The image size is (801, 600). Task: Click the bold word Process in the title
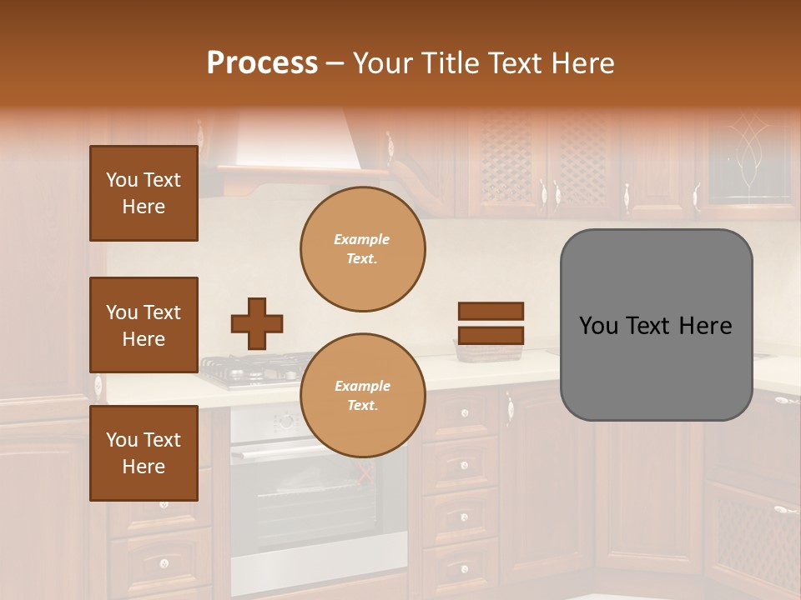coord(262,63)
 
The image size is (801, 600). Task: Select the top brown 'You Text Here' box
coord(144,193)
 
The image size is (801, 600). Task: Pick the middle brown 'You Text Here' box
coord(144,325)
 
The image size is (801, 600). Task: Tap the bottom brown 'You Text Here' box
coord(144,452)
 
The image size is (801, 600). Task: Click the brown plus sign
coord(257,323)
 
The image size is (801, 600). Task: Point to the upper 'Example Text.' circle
coord(362,249)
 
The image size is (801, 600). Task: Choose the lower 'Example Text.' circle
coord(362,396)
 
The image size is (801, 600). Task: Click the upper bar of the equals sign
coord(491,312)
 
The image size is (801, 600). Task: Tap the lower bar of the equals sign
coord(491,335)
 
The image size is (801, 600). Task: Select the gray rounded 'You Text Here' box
coord(656,325)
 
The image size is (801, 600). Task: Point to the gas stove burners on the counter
coord(250,367)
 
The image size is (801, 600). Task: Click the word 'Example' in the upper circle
coord(362,239)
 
